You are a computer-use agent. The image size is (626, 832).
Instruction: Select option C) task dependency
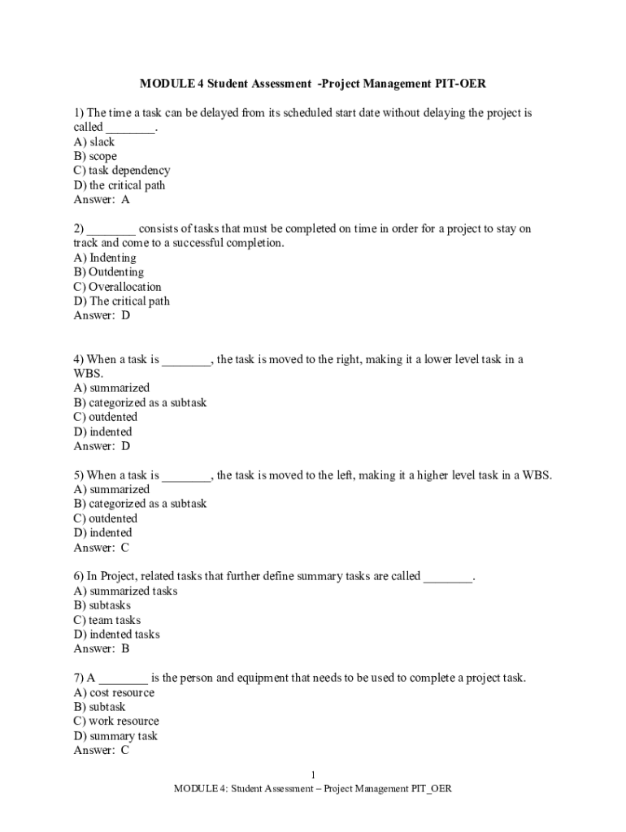click(x=122, y=171)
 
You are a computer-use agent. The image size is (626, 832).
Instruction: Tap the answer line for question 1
click(x=102, y=200)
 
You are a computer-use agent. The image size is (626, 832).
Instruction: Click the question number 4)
click(x=79, y=359)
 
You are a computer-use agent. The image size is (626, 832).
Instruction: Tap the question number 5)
click(x=79, y=475)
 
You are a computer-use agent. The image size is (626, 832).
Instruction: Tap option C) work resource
click(x=116, y=721)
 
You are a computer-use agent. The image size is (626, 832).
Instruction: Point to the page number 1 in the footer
click(x=313, y=775)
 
